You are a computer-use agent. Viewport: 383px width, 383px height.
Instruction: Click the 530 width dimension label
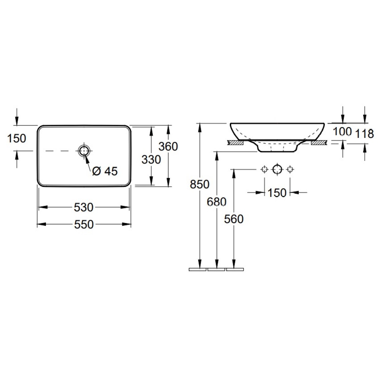point(84,207)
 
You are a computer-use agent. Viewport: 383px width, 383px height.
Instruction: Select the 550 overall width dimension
point(84,225)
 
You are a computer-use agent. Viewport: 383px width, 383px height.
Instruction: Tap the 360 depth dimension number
point(168,147)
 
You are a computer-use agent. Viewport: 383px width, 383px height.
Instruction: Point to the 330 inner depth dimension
point(151,160)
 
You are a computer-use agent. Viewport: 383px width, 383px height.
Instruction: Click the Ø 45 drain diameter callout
point(105,171)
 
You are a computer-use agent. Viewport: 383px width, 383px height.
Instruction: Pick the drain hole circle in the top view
point(84,151)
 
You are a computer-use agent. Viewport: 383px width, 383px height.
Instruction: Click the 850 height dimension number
point(199,184)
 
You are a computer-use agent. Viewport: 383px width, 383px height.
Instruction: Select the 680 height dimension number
point(217,202)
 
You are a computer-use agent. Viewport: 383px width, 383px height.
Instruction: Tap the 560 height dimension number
point(234,219)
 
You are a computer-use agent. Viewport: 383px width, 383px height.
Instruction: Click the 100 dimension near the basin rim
point(342,131)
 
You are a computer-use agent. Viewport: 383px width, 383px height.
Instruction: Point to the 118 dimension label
point(364,133)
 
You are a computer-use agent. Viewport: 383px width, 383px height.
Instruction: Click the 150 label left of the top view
point(17,138)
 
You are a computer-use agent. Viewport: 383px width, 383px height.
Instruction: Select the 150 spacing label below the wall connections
point(277,192)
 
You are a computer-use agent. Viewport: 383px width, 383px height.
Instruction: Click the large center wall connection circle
point(277,169)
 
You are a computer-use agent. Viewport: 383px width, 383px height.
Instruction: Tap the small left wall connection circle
point(264,169)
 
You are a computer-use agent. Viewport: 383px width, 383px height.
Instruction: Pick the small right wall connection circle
point(290,169)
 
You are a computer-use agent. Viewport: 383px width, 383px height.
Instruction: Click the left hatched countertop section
point(236,143)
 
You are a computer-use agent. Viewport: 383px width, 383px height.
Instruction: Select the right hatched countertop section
point(319,143)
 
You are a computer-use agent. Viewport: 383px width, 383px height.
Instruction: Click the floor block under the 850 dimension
point(198,269)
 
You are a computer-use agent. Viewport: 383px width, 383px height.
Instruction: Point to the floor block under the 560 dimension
point(235,269)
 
